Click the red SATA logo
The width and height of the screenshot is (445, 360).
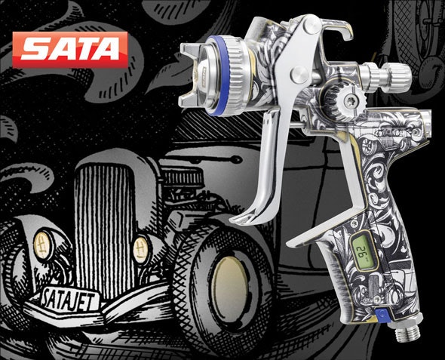point(71,50)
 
